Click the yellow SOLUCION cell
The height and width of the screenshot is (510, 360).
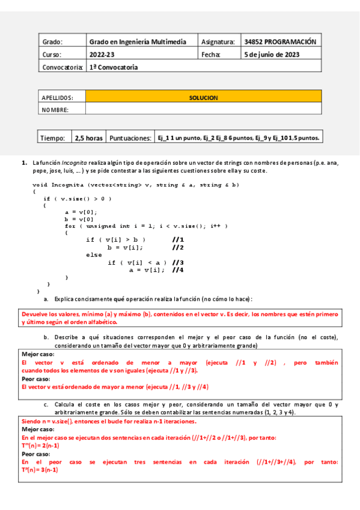pyautogui.click(x=203, y=97)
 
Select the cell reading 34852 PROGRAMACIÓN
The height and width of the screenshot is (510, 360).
pyautogui.click(x=279, y=42)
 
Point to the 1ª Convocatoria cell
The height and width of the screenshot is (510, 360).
pyautogui.click(x=114, y=67)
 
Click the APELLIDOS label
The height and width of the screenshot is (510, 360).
pyautogui.click(x=57, y=97)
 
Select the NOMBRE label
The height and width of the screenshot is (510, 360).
pyautogui.click(x=55, y=109)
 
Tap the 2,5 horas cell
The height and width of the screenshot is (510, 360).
pyautogui.click(x=88, y=138)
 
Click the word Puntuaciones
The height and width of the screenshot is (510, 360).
pyautogui.click(x=129, y=138)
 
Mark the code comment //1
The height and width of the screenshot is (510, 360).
pyautogui.click(x=177, y=240)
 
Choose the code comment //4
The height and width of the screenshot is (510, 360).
pyautogui.click(x=177, y=270)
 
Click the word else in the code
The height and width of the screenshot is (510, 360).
pyautogui.click(x=94, y=255)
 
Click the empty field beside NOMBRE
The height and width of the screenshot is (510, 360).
pyautogui.click(x=203, y=109)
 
